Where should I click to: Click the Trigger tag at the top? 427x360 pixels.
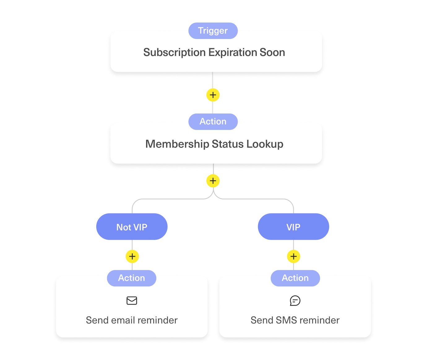[213, 31]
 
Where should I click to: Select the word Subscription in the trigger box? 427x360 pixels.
[174, 53]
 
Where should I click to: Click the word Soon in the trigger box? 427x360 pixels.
[272, 53]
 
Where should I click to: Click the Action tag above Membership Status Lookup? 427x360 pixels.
[213, 122]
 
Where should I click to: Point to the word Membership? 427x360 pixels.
[177, 144]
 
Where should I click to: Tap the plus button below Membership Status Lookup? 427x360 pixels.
[213, 181]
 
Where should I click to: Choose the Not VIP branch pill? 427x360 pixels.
[132, 227]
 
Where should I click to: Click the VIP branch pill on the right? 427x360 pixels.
[293, 227]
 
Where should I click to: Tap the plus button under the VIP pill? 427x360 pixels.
[294, 256]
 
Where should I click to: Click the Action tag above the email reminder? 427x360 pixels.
[132, 278]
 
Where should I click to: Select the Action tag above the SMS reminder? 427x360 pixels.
[295, 278]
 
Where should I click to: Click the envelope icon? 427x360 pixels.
[132, 301]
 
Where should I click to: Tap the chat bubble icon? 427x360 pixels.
[295, 301]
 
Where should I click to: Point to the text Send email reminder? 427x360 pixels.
[132, 320]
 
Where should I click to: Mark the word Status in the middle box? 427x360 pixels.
[228, 144]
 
